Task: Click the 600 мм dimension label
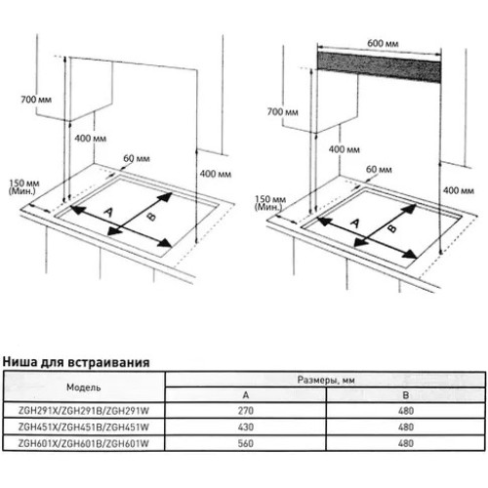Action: pos(383,43)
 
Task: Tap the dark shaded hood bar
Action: pos(380,67)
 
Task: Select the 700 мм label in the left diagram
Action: pos(36,100)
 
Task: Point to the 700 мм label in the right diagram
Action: pos(282,112)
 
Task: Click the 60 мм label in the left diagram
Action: pos(137,158)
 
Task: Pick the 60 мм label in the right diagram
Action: pos(379,169)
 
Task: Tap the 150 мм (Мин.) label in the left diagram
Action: pos(24,186)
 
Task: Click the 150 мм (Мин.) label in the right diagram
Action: pos(270,203)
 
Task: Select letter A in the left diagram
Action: pos(108,212)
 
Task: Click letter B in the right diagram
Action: pos(392,227)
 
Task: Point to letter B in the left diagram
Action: pos(151,216)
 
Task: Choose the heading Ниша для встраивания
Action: pos(76,362)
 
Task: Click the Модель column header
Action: pos(84,387)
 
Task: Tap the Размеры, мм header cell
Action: pos(326,380)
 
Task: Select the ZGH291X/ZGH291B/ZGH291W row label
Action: pos(84,411)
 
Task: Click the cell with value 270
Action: pos(246,411)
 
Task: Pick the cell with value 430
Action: pos(246,427)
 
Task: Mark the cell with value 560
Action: pos(246,443)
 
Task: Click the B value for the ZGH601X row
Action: pos(406,443)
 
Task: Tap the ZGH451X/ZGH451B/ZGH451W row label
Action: pos(84,427)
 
